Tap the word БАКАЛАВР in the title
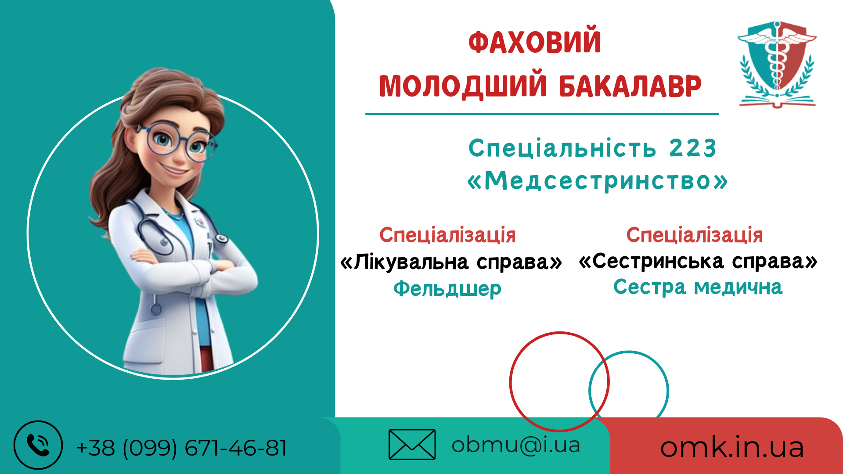630,86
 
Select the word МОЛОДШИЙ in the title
463,86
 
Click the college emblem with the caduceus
777,64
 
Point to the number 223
693,148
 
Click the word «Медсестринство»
598,181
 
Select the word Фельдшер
447,289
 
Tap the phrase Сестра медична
698,287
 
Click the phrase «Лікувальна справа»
451,262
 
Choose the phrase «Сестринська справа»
698,262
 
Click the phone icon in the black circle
38,445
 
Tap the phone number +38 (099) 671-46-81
181,448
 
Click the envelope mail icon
412,445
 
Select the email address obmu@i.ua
516,445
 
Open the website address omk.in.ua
732,447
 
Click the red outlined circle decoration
510,382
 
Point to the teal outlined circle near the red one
668,391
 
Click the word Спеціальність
562,148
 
